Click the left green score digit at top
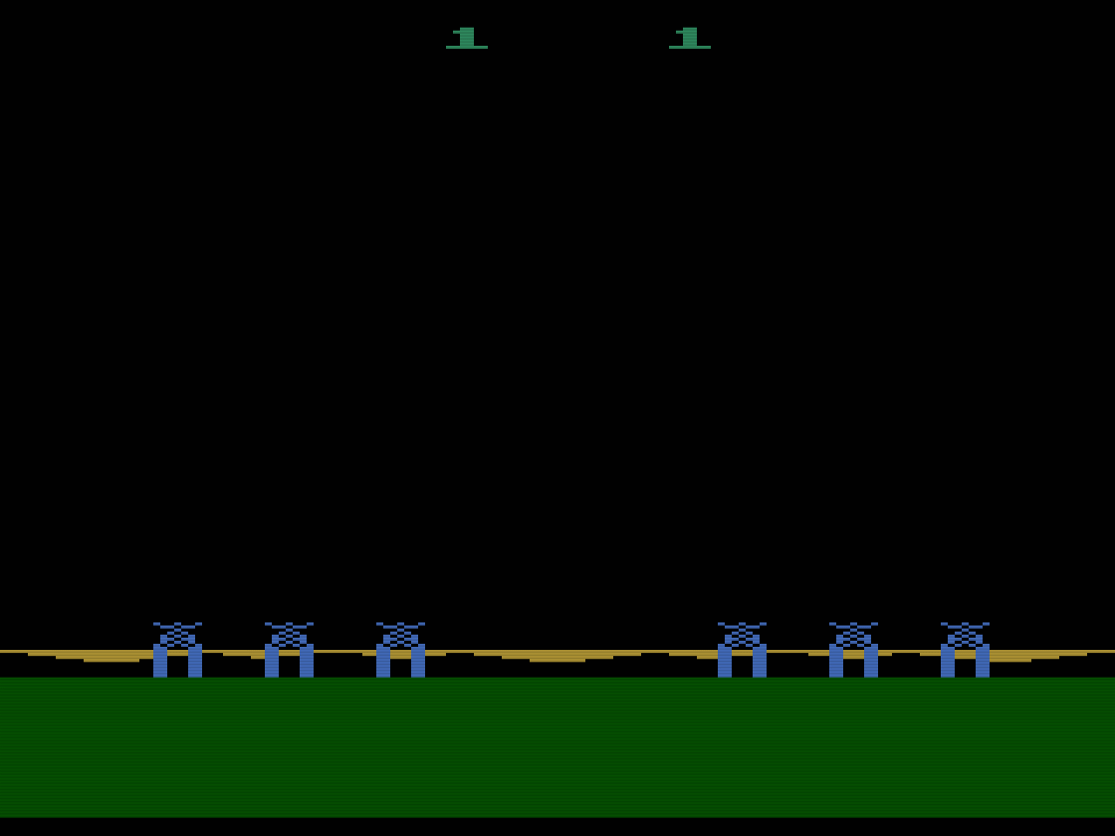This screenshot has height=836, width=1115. [466, 38]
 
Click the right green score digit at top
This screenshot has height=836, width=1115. [689, 38]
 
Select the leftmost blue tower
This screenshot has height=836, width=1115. [177, 651]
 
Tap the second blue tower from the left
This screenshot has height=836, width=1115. [289, 651]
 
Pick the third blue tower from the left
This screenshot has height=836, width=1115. [400, 651]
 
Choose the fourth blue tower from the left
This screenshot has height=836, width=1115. [742, 651]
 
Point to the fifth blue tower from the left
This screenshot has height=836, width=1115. [853, 651]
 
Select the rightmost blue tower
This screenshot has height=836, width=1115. [965, 651]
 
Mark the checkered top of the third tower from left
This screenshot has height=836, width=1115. [400, 633]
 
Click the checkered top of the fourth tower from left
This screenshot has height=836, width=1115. [742, 633]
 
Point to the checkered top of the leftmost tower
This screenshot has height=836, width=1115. [177, 633]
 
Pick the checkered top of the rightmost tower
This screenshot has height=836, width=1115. [965, 633]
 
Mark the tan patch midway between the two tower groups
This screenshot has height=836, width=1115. [557, 657]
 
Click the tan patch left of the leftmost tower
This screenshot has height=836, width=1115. [110, 657]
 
